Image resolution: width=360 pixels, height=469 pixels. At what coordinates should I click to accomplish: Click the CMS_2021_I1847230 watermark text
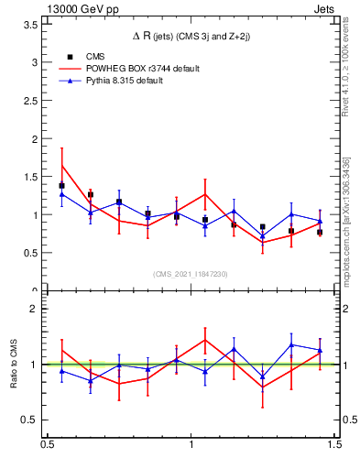pos(191,274)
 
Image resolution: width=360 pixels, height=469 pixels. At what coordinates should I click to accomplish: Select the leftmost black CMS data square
pos(61,186)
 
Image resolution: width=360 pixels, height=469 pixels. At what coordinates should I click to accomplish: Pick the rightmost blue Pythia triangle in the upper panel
pos(320,222)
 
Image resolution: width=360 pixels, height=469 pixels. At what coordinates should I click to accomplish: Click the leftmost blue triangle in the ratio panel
pos(61,371)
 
